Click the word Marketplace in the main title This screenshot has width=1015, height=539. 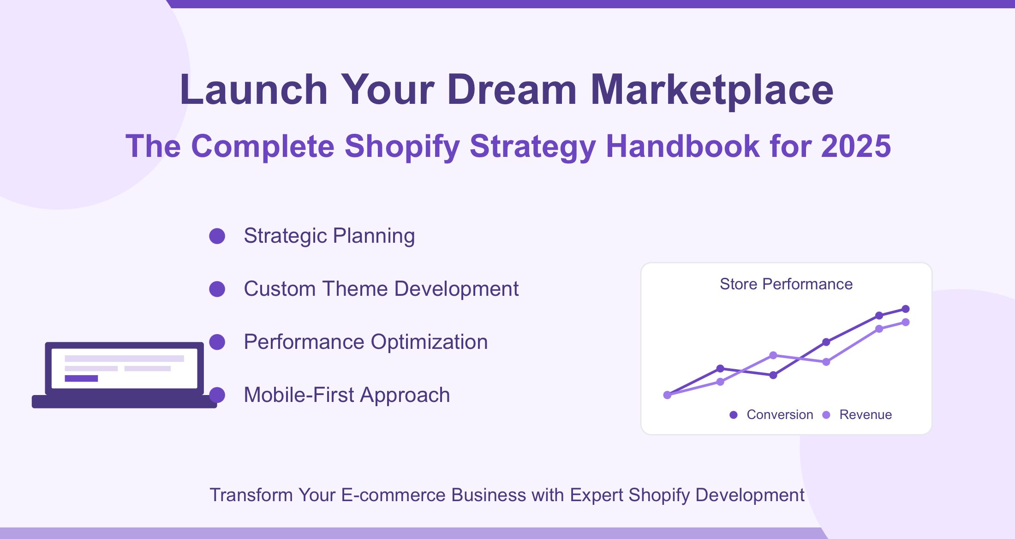point(712,90)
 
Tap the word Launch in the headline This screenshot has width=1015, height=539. point(254,90)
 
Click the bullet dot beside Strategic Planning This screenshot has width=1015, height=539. point(217,236)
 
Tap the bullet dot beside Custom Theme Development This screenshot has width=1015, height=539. point(217,289)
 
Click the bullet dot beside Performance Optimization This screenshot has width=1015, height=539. point(217,342)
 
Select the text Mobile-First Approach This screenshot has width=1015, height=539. point(347,395)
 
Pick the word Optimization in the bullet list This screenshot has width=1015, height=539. point(429,342)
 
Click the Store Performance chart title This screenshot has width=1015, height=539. point(786,284)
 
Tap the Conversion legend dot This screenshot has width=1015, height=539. point(734,415)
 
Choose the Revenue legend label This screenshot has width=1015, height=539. point(866,414)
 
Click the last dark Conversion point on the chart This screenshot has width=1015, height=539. point(906,309)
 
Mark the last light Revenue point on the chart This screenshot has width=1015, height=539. point(906,322)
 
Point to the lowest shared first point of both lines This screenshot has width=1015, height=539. point(667,395)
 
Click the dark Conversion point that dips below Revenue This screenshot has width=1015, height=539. point(773,375)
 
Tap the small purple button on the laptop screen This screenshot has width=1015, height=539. point(81,378)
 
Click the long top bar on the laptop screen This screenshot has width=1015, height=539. point(124,359)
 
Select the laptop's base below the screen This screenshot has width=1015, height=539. point(124,401)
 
